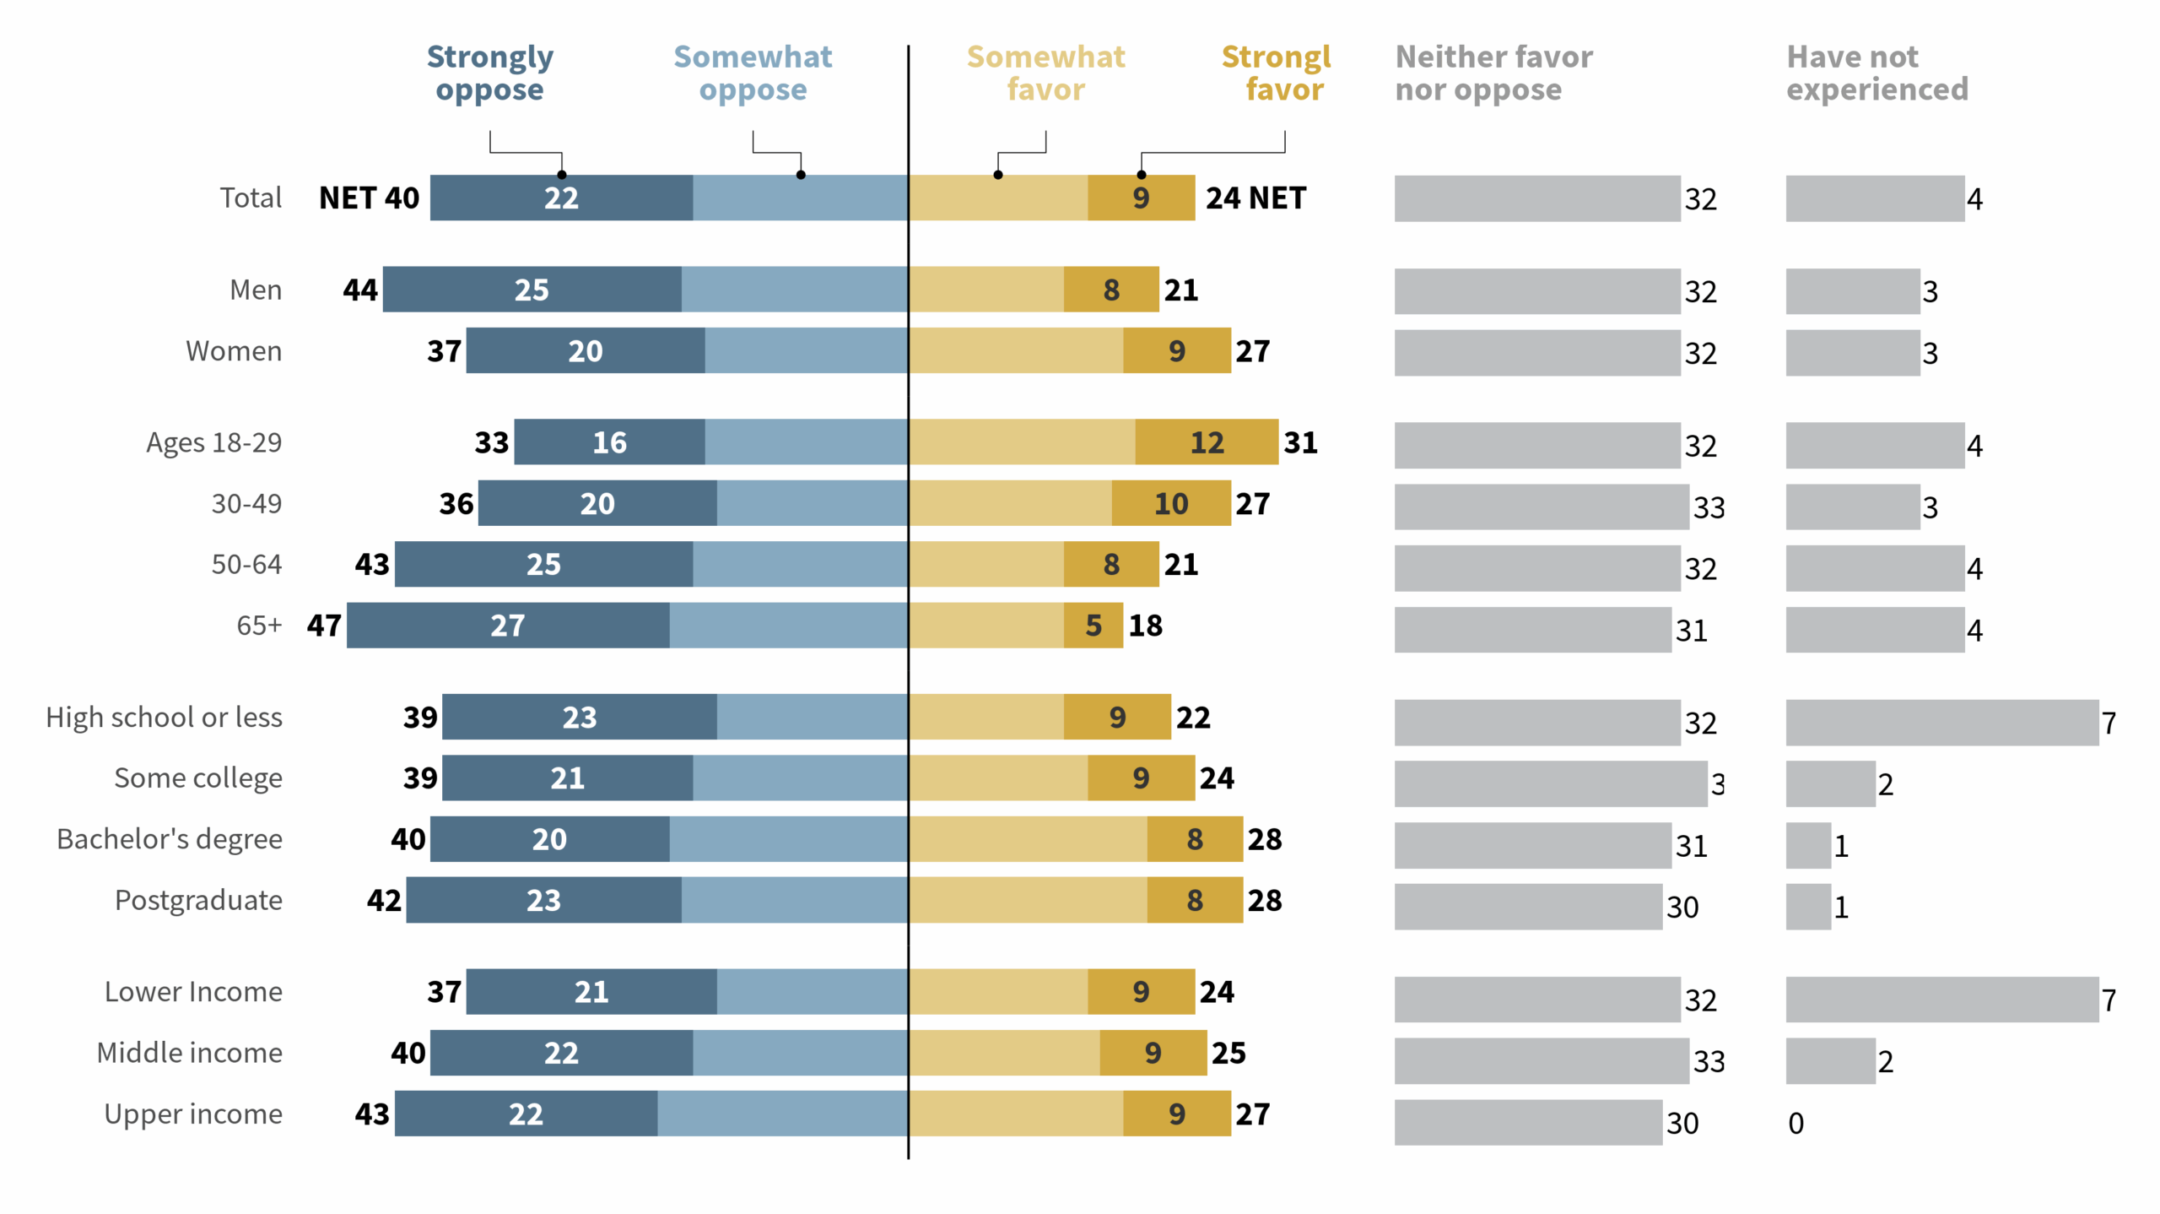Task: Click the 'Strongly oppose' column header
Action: tap(489, 73)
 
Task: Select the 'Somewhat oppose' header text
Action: tap(752, 73)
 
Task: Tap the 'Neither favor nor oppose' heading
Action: tap(1493, 73)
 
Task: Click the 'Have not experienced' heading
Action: tap(1876, 73)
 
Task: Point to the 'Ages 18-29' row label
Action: tap(213, 442)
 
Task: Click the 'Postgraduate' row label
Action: tap(198, 900)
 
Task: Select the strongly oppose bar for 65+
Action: tap(508, 626)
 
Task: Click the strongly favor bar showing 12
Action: tap(1206, 442)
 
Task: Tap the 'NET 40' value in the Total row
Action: tap(369, 198)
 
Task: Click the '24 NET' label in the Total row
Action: tap(1255, 198)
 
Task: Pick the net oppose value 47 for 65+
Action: tap(324, 626)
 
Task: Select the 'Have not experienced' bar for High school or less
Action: tap(1941, 723)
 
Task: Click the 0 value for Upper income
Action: tap(1795, 1123)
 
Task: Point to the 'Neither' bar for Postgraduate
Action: tap(1527, 907)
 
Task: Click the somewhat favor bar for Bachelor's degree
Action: tap(1028, 839)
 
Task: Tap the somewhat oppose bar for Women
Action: tap(806, 351)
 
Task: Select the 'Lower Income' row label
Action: tap(193, 992)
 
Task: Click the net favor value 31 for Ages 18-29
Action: tap(1300, 442)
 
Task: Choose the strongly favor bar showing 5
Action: tap(1093, 626)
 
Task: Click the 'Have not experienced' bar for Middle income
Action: tap(1829, 1061)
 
